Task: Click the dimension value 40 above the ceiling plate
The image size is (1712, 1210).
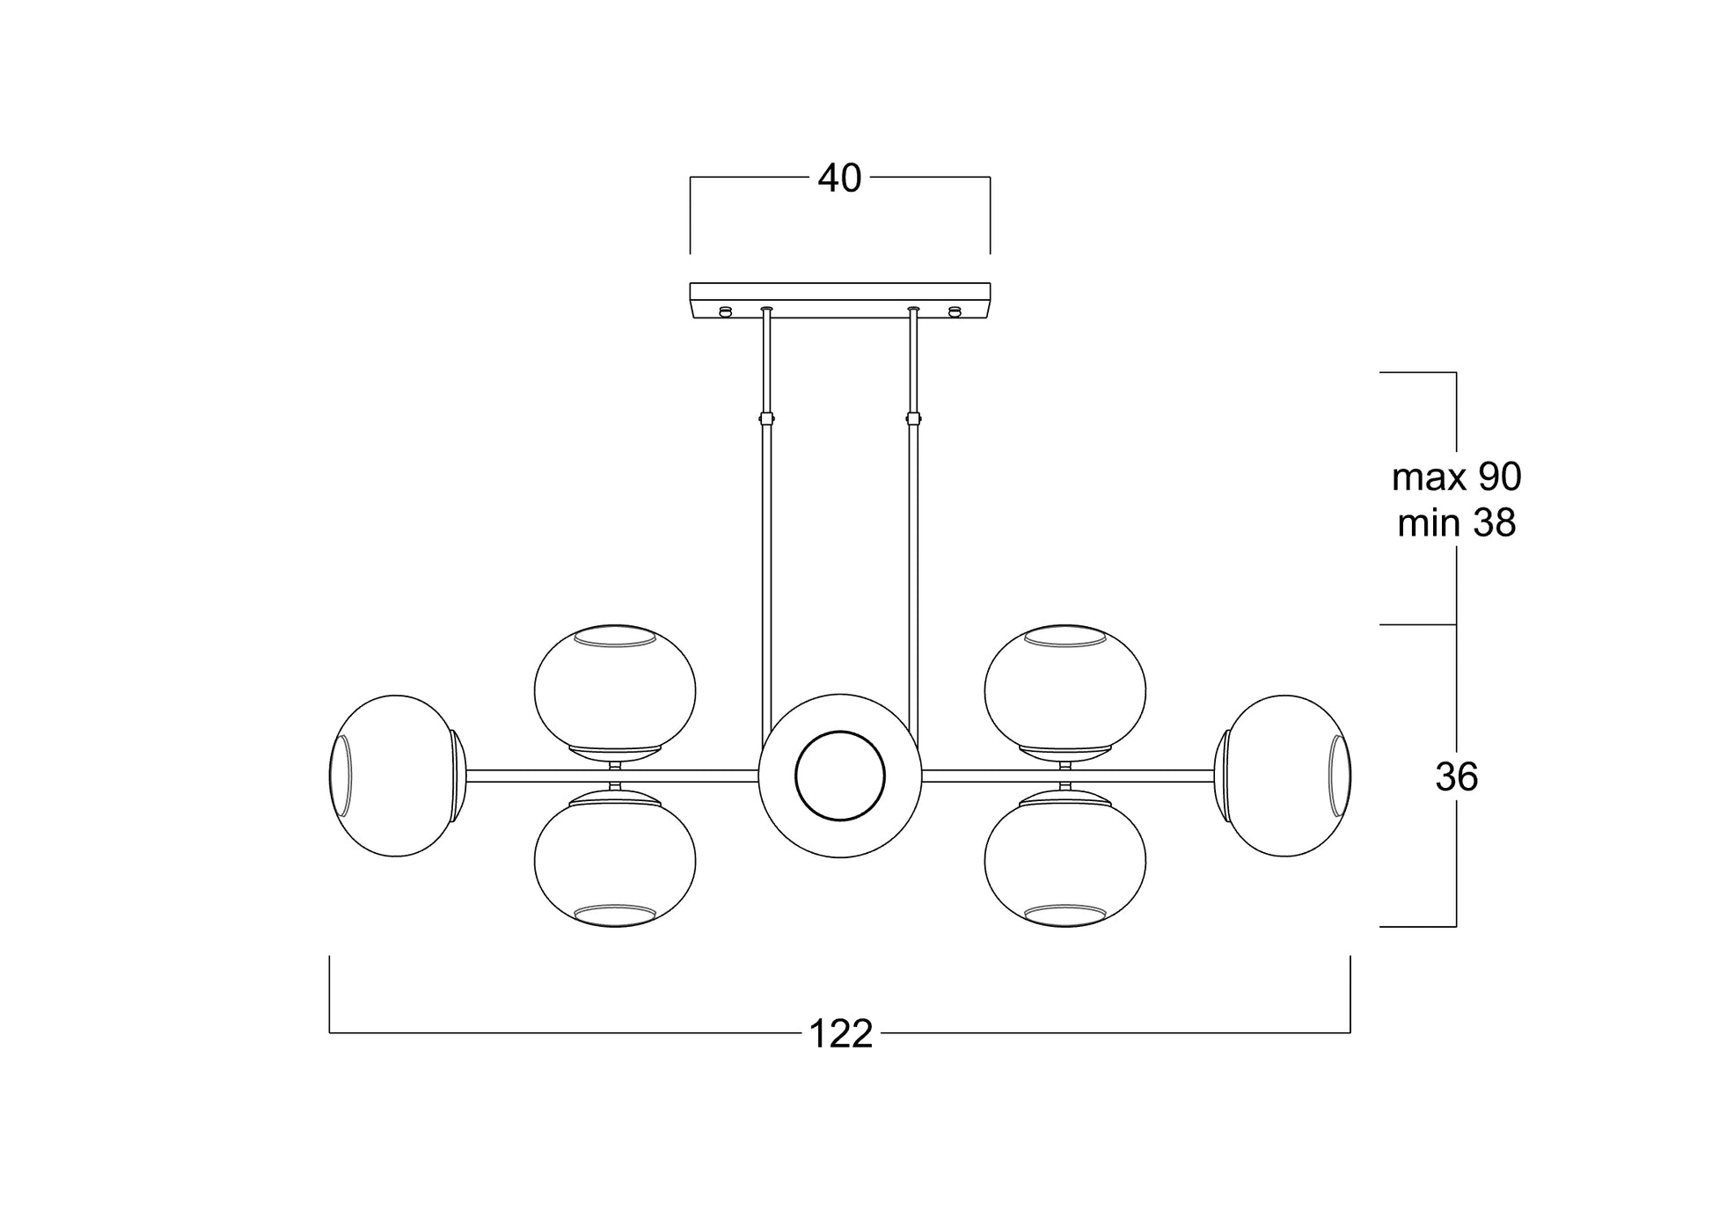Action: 839,179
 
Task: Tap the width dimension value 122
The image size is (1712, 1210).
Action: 840,1034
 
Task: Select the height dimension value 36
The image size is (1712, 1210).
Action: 1456,777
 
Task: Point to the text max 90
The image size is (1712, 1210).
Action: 1456,477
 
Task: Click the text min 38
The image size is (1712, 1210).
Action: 1456,523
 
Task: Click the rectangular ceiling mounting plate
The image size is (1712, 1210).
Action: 840,300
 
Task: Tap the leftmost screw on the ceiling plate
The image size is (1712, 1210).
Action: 726,310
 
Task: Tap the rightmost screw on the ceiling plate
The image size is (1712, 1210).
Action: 955,310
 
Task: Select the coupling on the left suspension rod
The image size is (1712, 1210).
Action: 766,419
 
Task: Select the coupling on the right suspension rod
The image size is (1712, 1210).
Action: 913,419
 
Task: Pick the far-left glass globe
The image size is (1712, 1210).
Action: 397,776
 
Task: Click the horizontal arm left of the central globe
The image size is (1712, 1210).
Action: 612,776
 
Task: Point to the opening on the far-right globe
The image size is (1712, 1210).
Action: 1339,776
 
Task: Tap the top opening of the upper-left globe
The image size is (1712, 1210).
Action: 615,637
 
